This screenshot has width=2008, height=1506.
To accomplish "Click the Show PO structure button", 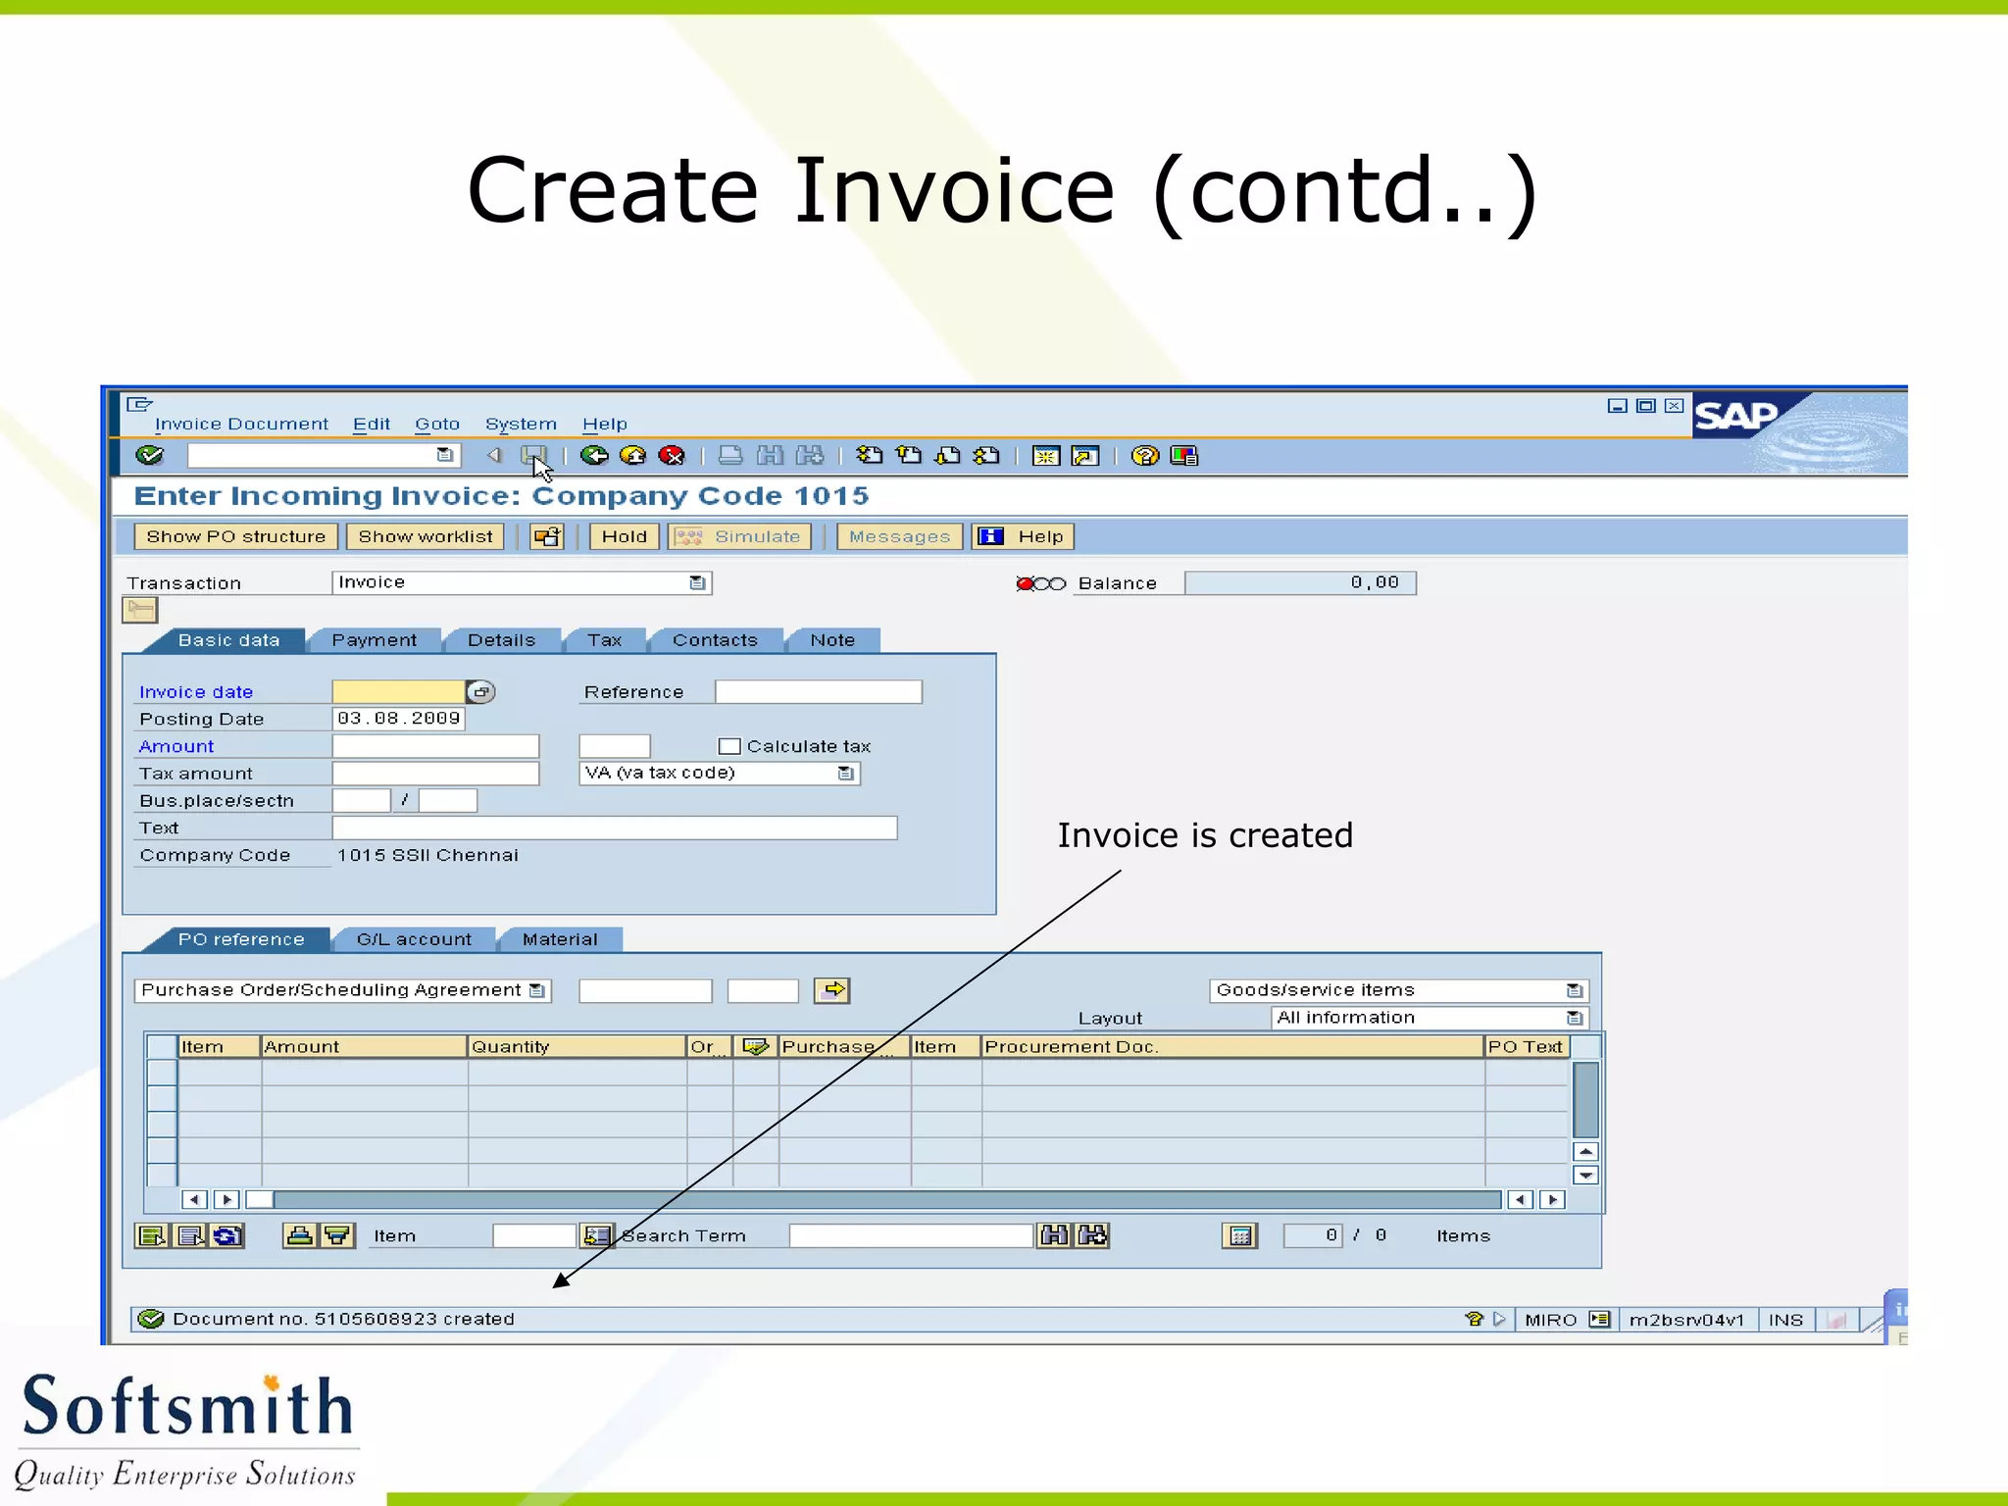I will [x=235, y=536].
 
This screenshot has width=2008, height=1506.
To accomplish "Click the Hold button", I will [x=624, y=536].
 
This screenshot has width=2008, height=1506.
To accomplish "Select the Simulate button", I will [x=740, y=536].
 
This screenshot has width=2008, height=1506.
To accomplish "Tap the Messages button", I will [x=899, y=536].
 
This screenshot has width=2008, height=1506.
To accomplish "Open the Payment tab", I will [x=374, y=640].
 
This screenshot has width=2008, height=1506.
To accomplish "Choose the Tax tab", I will [x=604, y=640].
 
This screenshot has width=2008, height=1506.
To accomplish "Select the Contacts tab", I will [x=715, y=640].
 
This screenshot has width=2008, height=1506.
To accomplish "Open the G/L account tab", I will [x=414, y=939].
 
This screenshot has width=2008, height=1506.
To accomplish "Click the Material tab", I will [x=560, y=939].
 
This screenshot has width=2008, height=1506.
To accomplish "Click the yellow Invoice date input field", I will [x=398, y=692].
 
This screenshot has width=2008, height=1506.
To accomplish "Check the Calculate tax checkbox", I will [x=729, y=746].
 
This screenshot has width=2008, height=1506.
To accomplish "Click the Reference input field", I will [x=818, y=692].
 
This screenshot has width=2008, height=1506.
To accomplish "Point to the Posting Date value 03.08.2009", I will [x=398, y=719].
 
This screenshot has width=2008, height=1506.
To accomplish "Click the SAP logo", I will [x=1735, y=416].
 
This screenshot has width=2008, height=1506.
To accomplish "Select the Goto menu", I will [x=436, y=425].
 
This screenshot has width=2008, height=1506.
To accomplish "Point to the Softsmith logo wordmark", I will [x=187, y=1407].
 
